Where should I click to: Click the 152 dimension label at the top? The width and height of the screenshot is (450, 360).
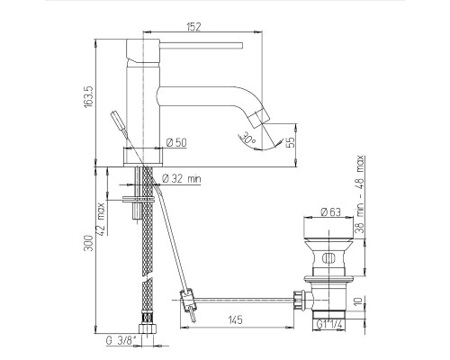click(x=193, y=27)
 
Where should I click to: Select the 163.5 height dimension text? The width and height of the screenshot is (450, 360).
click(x=89, y=97)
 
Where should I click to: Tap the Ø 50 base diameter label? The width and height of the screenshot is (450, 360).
click(x=176, y=142)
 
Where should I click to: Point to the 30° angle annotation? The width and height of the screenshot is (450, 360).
click(x=248, y=138)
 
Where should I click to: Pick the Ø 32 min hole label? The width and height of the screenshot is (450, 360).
click(x=182, y=179)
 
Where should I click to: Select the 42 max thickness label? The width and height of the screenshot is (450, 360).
click(x=102, y=220)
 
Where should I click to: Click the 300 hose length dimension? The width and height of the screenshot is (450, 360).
click(x=89, y=243)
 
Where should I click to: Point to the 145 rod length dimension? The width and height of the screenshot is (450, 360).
click(x=235, y=319)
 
